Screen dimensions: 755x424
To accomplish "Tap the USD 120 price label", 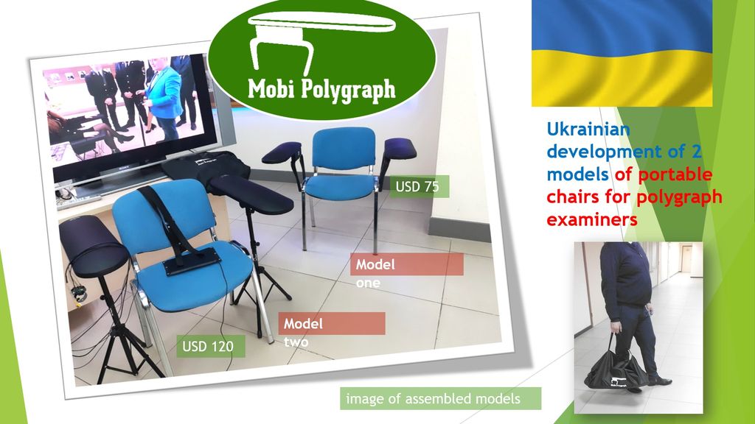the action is coord(210,346).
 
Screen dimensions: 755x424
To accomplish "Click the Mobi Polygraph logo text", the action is coord(321,89).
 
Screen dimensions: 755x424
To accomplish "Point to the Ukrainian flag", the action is coord(622,53).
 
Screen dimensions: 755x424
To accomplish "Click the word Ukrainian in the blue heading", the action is coord(588,130).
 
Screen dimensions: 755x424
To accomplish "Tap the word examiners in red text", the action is coord(592,219).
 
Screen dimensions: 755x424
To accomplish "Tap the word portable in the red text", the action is coord(675,174).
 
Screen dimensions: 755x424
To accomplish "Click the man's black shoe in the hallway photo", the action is coord(660,381).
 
